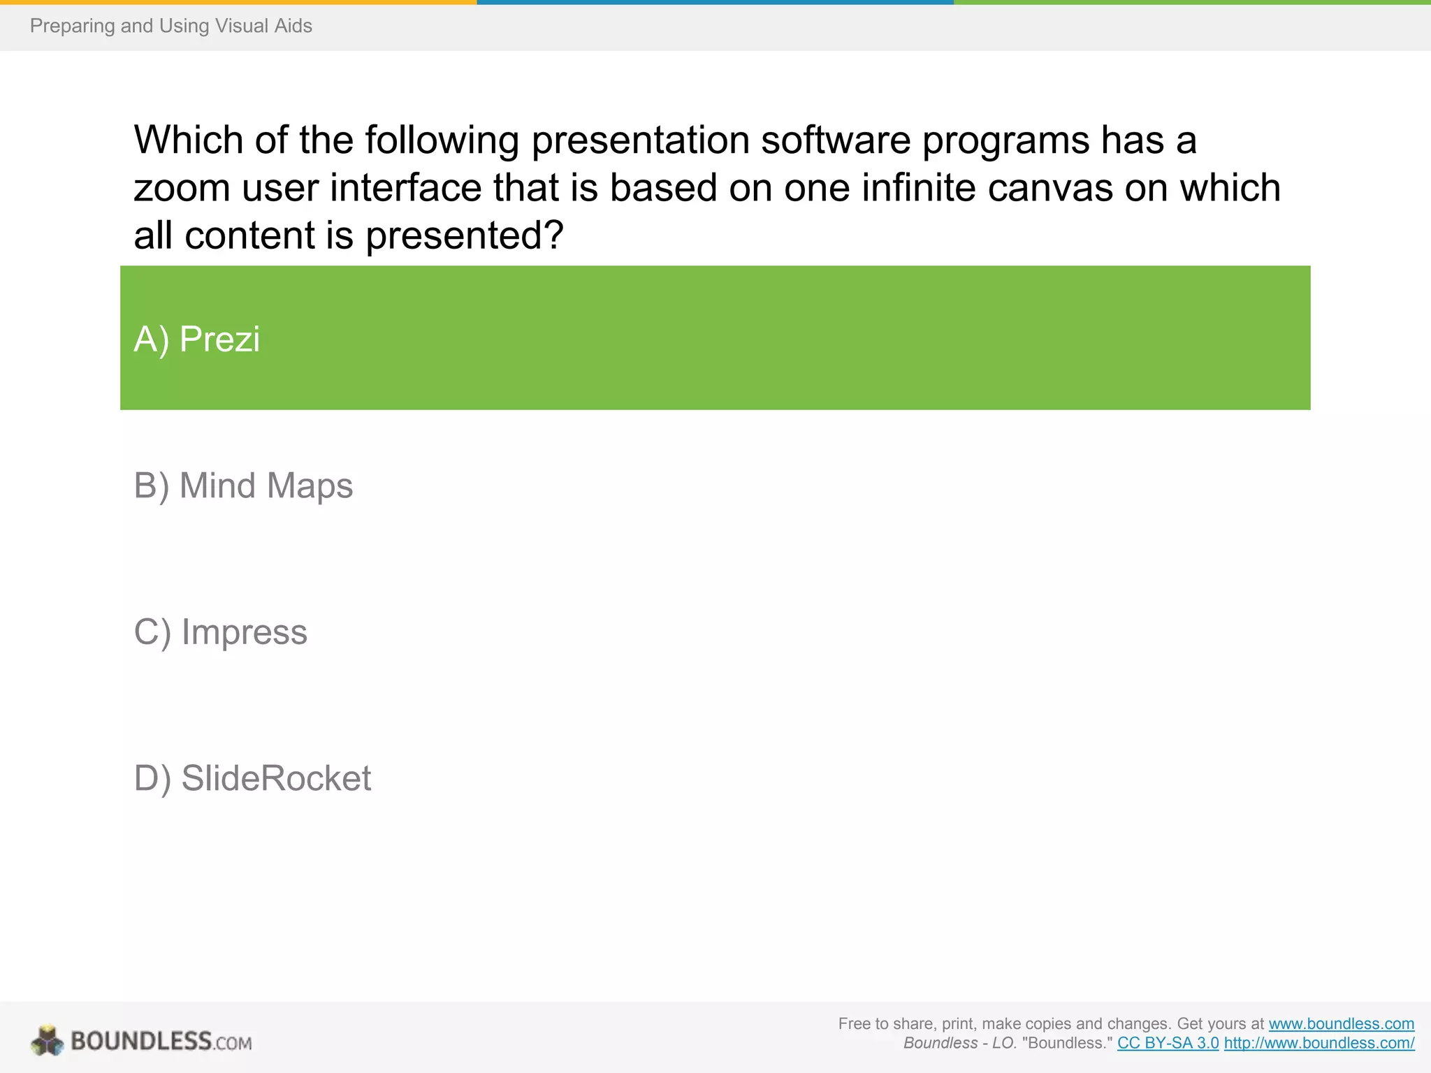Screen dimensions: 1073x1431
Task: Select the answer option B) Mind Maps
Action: coord(243,486)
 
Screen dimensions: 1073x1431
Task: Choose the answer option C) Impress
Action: coord(220,632)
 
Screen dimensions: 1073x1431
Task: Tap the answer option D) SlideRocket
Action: coord(252,778)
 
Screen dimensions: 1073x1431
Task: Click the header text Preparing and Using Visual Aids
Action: coord(170,26)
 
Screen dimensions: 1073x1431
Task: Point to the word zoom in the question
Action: coord(182,189)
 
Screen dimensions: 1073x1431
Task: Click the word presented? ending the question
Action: coord(464,236)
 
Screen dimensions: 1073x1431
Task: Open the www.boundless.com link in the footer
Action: coord(1341,1023)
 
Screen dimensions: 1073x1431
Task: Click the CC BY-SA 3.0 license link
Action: coord(1168,1043)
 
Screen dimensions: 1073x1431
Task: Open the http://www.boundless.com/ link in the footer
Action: coord(1319,1043)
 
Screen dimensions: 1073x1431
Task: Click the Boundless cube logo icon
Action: coord(48,1041)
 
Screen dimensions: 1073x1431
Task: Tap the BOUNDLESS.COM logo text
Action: coord(161,1042)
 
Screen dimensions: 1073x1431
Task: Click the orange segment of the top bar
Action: coord(238,2)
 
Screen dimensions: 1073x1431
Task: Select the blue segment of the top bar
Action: coord(715,2)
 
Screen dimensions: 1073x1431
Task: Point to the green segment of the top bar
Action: coord(1191,2)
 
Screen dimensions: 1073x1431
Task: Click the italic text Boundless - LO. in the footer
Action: coord(959,1043)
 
